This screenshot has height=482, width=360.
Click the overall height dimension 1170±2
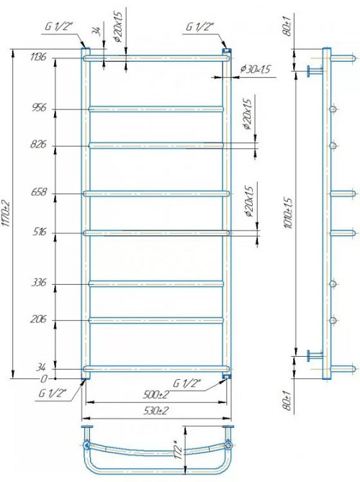tap(6, 213)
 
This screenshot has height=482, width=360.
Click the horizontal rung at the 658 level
tap(158, 193)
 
